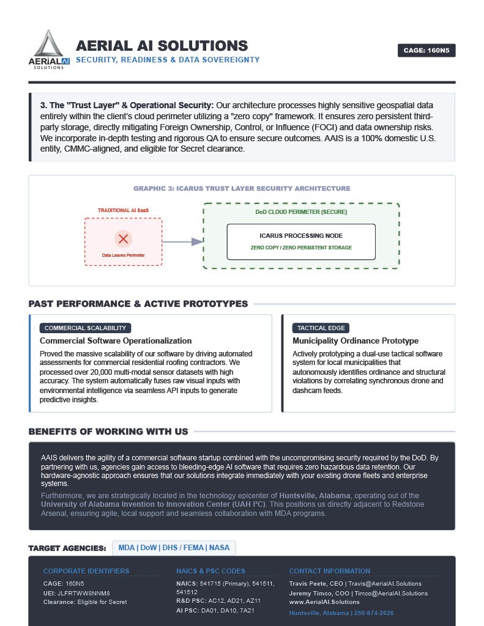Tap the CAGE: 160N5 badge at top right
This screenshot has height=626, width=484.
(x=426, y=51)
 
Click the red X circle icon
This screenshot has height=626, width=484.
(x=123, y=238)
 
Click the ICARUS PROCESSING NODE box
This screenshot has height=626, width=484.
(x=301, y=241)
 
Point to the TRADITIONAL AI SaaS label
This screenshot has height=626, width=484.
(x=123, y=210)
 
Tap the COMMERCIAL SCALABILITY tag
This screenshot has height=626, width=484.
(x=85, y=328)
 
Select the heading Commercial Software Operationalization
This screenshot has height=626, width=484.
(x=116, y=341)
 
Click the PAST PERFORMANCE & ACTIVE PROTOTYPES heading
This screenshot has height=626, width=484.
(x=138, y=304)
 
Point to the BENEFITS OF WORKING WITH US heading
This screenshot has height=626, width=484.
(x=108, y=432)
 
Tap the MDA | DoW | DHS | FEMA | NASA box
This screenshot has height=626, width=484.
(x=174, y=548)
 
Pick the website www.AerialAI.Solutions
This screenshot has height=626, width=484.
(x=324, y=602)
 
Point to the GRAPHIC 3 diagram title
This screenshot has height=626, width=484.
(x=242, y=188)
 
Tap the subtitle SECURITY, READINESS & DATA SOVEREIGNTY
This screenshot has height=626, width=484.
(x=168, y=60)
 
